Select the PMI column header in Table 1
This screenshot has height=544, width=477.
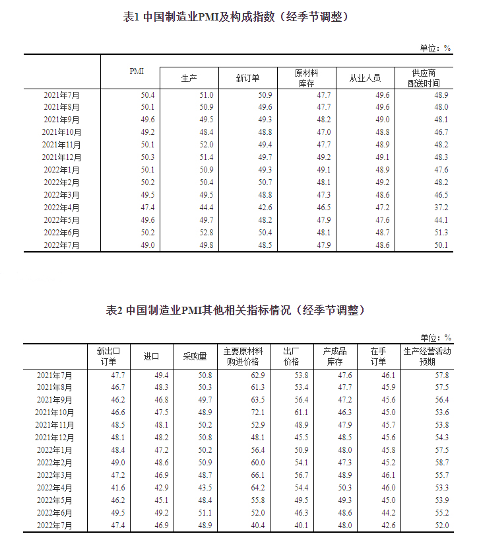(136, 71)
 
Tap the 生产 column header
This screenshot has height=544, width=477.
(189, 78)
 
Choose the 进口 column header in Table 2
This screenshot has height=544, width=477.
(152, 356)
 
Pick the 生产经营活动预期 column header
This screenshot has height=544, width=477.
(427, 356)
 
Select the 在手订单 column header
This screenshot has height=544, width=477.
(377, 356)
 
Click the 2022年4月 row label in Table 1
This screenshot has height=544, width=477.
(62, 208)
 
